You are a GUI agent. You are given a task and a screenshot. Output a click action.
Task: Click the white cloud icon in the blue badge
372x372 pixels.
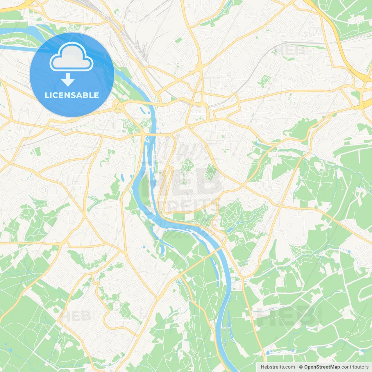[x=71, y=57]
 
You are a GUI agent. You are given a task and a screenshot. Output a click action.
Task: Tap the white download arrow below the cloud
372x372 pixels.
[x=68, y=80]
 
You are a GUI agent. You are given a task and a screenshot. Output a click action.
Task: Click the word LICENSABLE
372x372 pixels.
[x=72, y=95]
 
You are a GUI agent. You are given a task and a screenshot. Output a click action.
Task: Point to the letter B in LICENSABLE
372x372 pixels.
[x=87, y=95]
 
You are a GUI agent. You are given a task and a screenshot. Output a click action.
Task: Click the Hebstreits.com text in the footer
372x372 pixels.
[x=278, y=367]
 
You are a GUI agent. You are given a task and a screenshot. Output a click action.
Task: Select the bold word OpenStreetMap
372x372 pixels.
[x=322, y=367]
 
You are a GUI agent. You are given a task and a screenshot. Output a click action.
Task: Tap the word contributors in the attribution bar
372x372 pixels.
[x=355, y=367]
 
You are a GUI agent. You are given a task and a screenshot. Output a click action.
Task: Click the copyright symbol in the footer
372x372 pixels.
[x=301, y=367]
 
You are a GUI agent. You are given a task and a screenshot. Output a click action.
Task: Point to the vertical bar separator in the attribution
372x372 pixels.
[x=297, y=367]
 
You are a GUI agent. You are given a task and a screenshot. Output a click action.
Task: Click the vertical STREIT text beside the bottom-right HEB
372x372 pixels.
[x=320, y=315]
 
